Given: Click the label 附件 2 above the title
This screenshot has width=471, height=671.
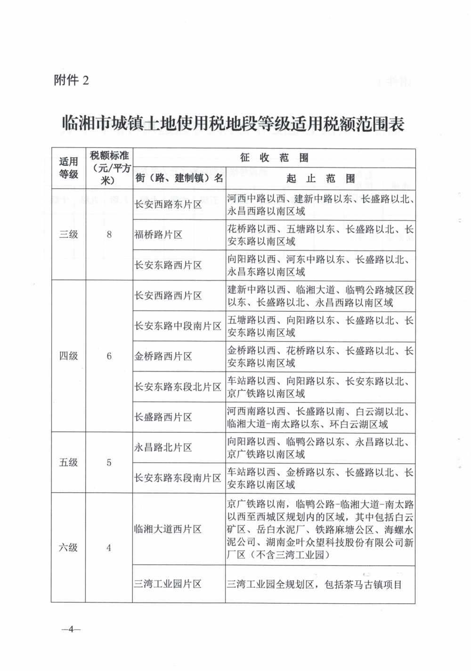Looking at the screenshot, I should [72, 81].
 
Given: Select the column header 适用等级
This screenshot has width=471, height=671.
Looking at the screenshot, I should [68, 168].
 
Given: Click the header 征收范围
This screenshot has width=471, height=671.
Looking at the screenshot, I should [274, 157].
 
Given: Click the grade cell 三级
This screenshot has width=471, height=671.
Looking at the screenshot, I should [68, 234].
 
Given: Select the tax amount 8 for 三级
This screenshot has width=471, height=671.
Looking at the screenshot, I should [109, 234].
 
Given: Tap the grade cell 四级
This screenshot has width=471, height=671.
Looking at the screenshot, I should [68, 356].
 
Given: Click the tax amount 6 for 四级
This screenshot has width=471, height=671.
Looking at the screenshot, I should [109, 356].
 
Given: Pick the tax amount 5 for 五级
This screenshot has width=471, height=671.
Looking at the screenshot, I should [109, 462].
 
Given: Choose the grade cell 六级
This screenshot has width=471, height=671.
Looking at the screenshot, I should [68, 548].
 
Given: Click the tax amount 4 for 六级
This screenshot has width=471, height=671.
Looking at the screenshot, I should [109, 548].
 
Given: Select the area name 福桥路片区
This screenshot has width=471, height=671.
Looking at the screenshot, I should [158, 234].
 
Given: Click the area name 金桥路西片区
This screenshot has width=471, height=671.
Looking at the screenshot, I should [163, 356].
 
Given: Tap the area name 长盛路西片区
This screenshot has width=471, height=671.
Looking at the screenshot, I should [163, 417].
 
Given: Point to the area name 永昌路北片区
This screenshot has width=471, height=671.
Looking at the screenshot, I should [163, 447].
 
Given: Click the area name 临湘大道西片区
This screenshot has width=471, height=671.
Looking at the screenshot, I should [168, 529].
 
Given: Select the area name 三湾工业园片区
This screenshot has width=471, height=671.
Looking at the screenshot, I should [168, 584].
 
